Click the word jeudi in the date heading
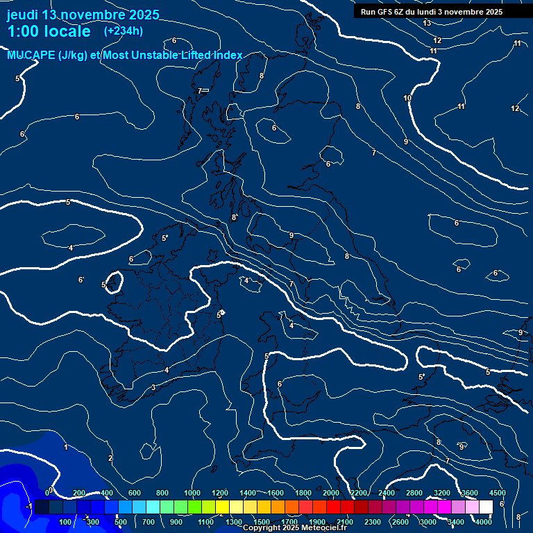[22, 15]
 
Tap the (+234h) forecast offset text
[124, 31]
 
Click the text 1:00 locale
[49, 31]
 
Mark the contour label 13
[427, 24]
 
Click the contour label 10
[407, 99]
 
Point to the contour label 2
[110, 458]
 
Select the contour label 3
[153, 387]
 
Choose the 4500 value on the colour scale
[497, 493]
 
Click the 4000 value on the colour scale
[484, 522]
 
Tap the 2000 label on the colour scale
[331, 493]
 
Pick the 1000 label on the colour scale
[192, 493]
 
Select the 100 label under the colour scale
[67, 522]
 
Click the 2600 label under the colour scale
[400, 522]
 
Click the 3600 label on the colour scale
[470, 493]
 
